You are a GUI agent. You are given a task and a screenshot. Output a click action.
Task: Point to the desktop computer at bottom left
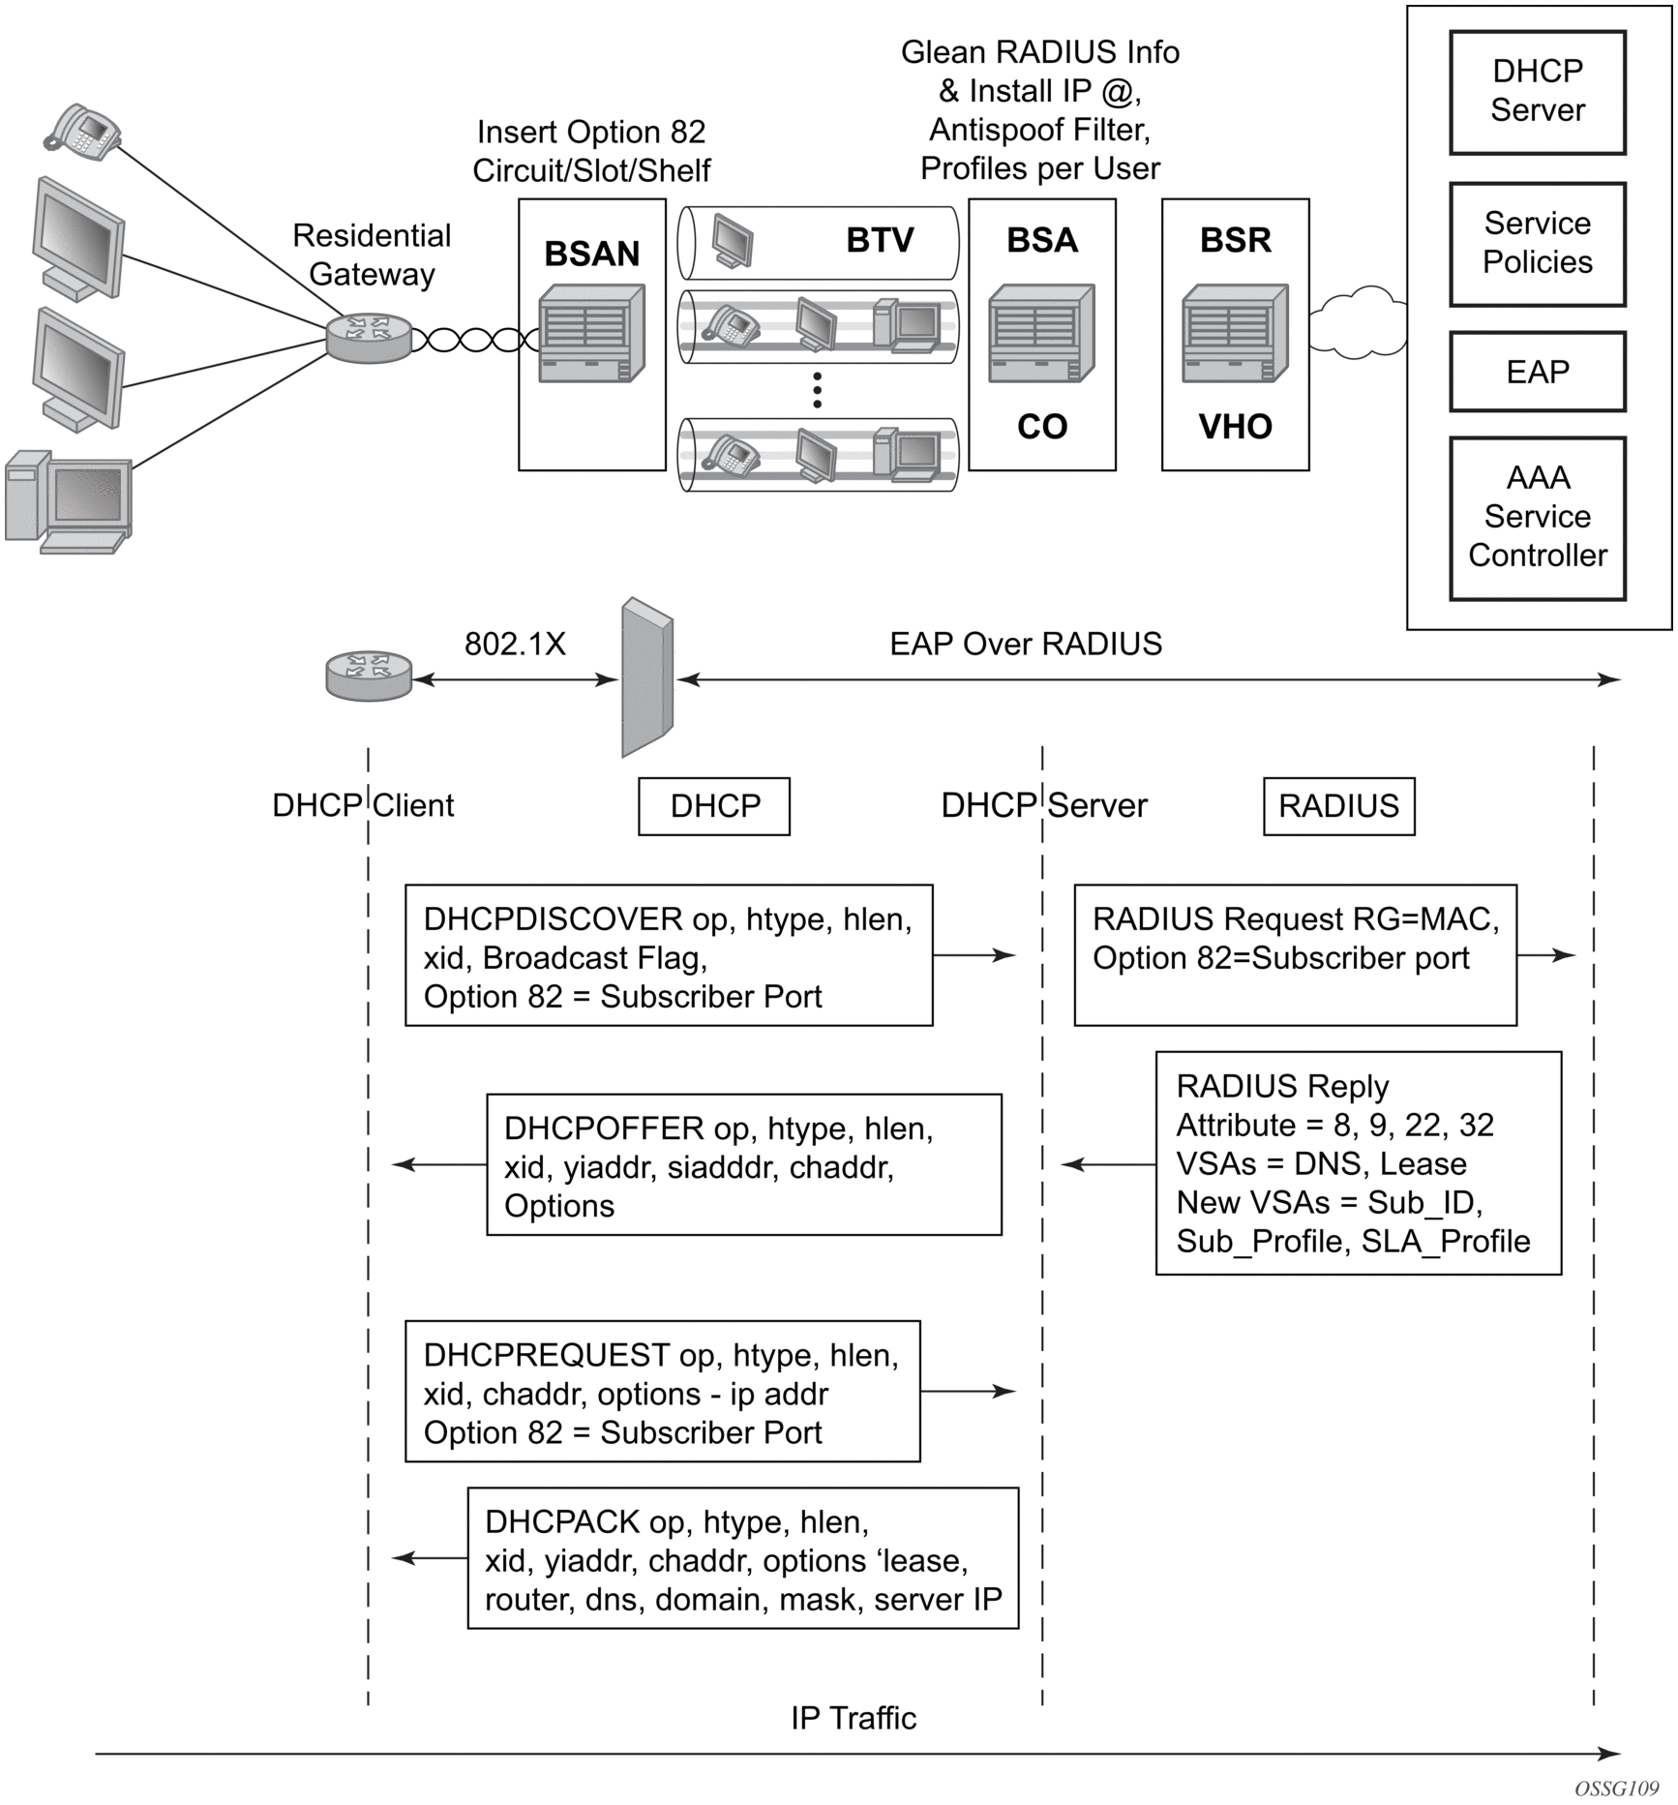(x=68, y=501)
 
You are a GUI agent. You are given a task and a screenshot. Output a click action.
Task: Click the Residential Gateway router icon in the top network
(x=369, y=338)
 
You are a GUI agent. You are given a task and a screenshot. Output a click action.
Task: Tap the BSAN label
(x=591, y=254)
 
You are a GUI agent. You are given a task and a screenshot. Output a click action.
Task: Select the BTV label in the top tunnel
(x=880, y=240)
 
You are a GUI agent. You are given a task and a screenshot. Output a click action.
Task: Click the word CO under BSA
(x=1041, y=427)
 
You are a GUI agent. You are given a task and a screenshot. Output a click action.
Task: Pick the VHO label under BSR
(x=1235, y=427)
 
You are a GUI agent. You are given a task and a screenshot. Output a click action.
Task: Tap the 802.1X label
(x=515, y=644)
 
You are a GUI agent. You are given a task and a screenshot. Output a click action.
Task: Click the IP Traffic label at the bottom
(x=854, y=1718)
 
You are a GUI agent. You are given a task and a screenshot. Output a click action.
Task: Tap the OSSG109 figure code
(x=1616, y=1788)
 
